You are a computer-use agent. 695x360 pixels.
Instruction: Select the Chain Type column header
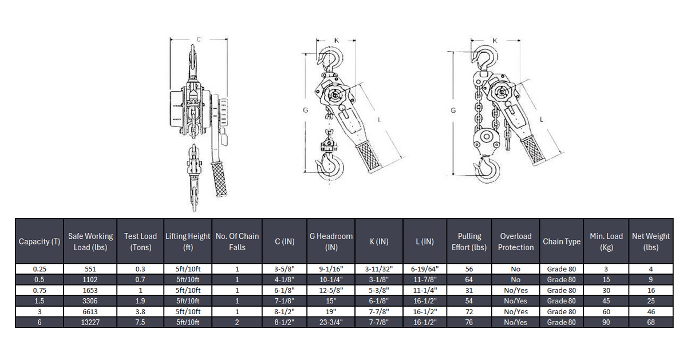[561, 242]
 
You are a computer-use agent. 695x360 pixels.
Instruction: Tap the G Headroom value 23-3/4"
[331, 322]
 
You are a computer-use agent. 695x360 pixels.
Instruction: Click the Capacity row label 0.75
[39, 290]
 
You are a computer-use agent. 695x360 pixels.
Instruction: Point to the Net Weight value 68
[651, 322]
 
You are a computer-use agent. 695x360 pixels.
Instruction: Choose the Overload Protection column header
[515, 242]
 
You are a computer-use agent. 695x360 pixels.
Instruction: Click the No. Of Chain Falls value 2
[237, 322]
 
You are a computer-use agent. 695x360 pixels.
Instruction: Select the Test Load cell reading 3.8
[140, 312]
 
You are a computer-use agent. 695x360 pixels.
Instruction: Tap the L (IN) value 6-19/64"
[425, 269]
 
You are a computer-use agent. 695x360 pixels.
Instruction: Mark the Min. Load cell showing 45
[606, 301]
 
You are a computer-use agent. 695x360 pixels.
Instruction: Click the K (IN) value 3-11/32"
[378, 269]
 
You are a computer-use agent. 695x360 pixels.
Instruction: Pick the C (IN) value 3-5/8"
[285, 269]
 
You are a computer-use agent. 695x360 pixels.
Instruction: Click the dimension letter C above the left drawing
[199, 39]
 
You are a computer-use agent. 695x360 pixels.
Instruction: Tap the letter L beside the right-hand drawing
[542, 118]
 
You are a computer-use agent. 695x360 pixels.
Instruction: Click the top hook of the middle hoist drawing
[332, 58]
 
